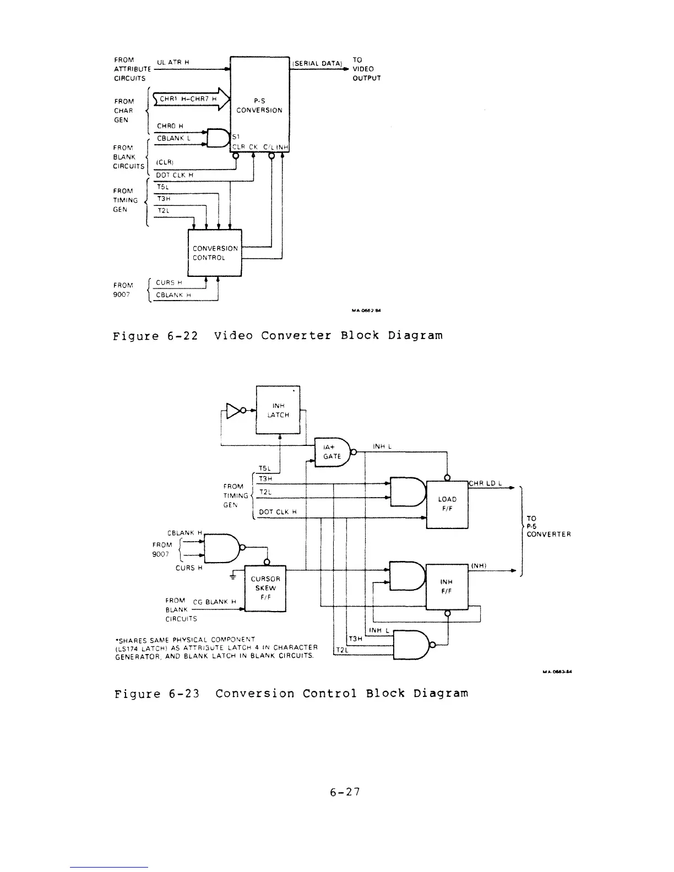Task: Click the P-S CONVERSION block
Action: pyautogui.click(x=259, y=105)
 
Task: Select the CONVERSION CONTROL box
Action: pyautogui.click(x=215, y=253)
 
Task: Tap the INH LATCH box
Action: pyautogui.click(x=278, y=410)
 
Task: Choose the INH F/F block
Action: pyautogui.click(x=447, y=586)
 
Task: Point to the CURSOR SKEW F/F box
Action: pyautogui.click(x=265, y=588)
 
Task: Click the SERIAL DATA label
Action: pyautogui.click(x=317, y=63)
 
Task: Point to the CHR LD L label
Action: pyautogui.click(x=485, y=483)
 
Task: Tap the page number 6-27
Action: pyautogui.click(x=345, y=792)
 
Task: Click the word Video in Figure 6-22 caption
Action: pyautogui.click(x=233, y=335)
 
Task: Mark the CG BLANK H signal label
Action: pyautogui.click(x=218, y=602)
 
